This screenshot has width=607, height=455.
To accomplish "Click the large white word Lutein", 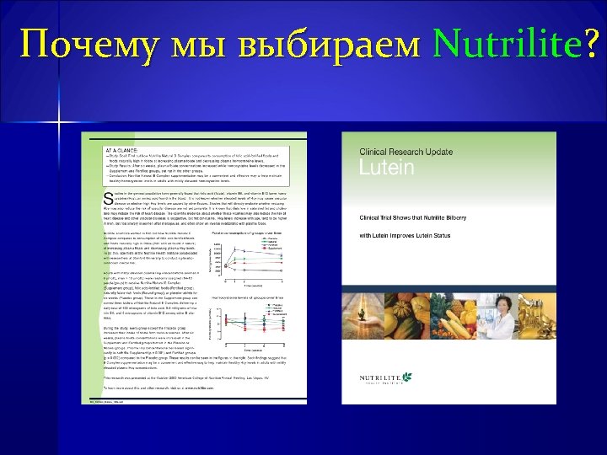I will point(387,168).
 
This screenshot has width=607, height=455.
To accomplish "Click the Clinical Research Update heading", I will point(406,152).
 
